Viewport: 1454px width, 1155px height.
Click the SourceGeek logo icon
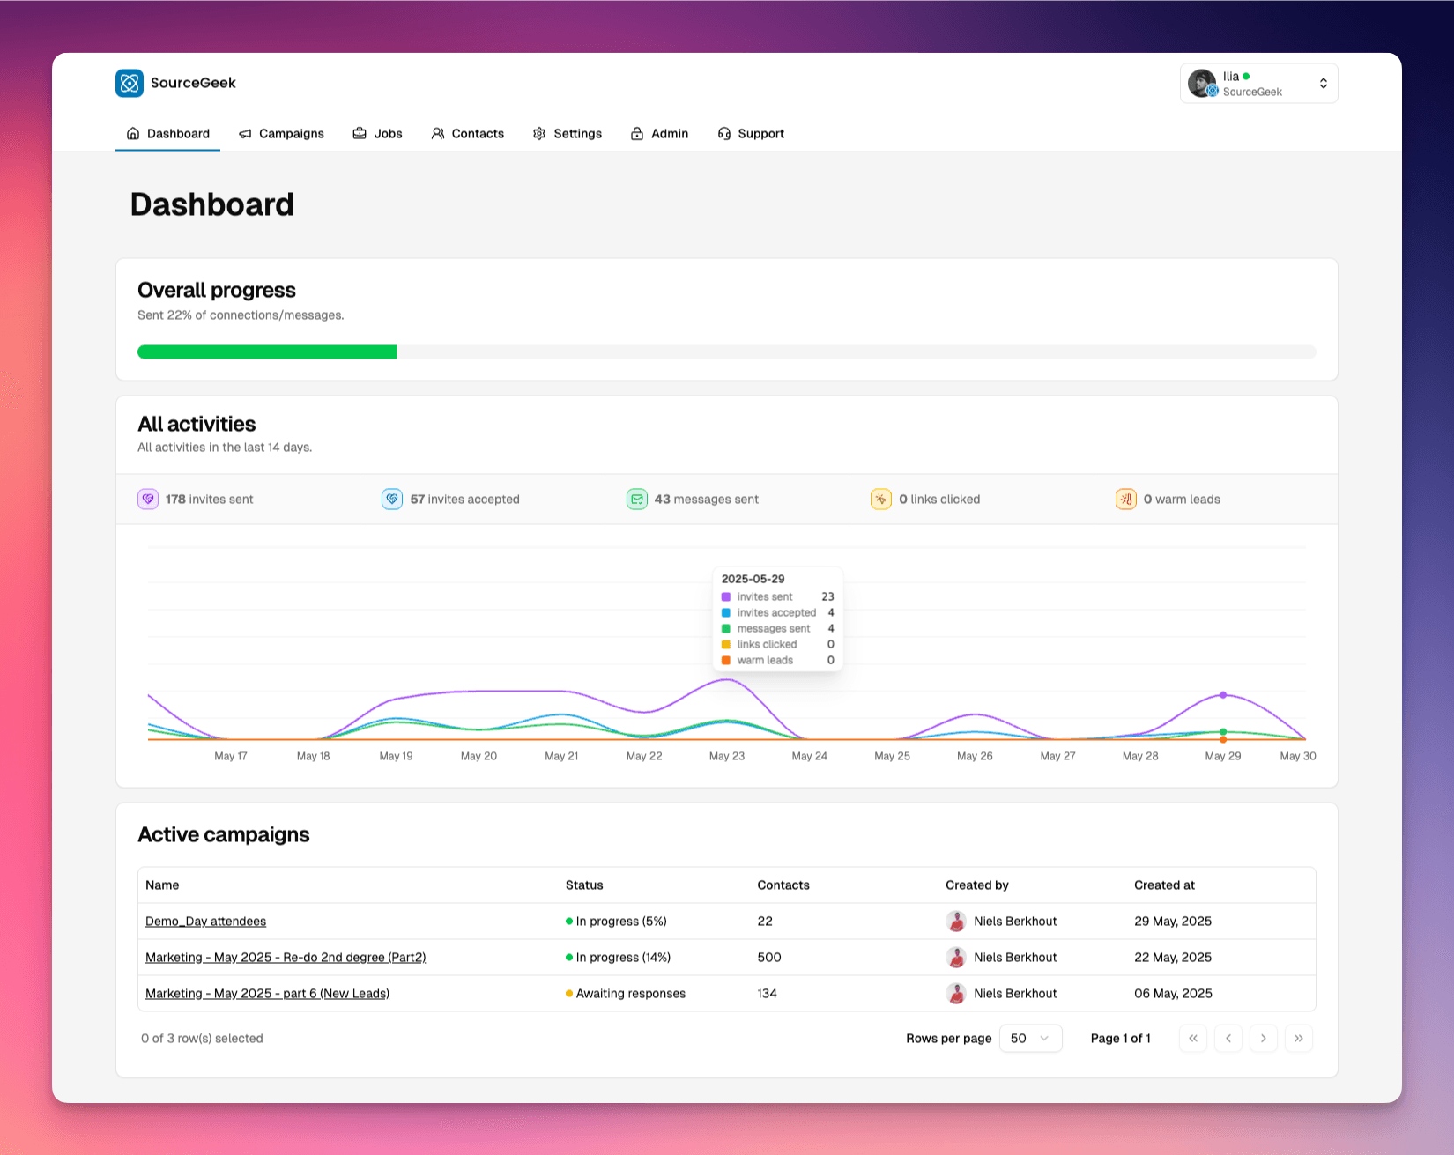130,83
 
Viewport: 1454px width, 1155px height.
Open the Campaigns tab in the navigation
282,134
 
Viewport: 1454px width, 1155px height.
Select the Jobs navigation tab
378,134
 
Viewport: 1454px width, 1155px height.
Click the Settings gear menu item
568,134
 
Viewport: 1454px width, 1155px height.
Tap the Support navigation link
751,134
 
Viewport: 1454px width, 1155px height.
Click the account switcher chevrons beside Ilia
1323,84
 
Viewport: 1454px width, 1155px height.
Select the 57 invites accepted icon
392,500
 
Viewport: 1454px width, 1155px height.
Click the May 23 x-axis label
727,756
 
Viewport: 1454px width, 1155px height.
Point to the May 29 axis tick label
1223,756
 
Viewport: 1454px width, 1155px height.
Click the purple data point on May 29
1223,695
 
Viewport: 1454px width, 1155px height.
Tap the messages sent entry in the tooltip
773,629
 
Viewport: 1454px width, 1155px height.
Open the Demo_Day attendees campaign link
205,922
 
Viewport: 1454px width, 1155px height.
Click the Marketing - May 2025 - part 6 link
267,994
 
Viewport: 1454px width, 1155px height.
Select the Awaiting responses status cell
629,994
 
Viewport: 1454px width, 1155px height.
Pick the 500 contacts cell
769,958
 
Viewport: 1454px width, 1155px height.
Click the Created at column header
1164,885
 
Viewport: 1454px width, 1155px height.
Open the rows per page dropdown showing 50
1030,1039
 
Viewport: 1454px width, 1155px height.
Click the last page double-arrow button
1298,1039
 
